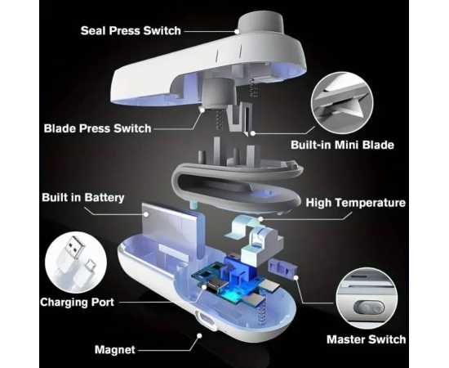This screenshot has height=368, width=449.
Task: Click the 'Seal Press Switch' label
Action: click(x=131, y=31)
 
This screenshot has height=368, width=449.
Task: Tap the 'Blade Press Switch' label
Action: click(x=97, y=128)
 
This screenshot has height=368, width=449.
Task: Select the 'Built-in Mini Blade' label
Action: click(x=342, y=145)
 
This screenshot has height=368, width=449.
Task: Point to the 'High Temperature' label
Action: click(x=356, y=203)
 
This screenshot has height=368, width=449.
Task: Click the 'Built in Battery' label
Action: click(x=83, y=197)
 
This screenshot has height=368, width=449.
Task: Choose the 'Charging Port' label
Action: click(x=77, y=302)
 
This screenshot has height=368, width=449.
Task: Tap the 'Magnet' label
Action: click(x=115, y=350)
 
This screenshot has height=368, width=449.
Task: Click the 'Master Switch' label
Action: click(x=367, y=339)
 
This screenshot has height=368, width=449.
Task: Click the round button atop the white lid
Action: click(x=260, y=21)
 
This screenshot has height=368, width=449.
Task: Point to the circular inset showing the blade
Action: click(x=342, y=103)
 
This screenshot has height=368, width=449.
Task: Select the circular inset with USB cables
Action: click(x=76, y=263)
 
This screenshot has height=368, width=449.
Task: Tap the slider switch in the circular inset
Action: click(x=369, y=308)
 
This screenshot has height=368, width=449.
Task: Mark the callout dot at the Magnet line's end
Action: click(x=199, y=335)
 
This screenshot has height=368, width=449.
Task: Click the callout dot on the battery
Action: click(x=146, y=214)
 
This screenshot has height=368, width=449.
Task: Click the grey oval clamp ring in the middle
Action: click(x=238, y=186)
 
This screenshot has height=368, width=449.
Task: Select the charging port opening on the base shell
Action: click(x=205, y=319)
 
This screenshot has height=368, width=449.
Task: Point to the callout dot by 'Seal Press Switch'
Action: click(x=237, y=31)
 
